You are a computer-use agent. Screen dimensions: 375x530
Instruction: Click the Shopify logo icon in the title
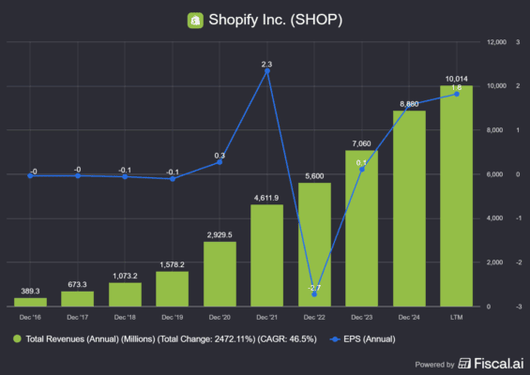195,19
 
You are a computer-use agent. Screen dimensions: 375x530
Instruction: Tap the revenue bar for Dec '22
314,244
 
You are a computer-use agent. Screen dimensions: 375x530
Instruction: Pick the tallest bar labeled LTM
457,197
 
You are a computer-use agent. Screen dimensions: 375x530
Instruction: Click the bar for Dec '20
220,274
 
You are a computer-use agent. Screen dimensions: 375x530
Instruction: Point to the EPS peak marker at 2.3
267,70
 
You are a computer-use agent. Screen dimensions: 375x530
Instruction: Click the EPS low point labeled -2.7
314,292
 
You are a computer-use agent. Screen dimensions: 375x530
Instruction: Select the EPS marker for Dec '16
31,175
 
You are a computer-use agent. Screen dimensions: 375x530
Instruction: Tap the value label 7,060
362,142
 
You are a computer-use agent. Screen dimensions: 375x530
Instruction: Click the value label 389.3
31,292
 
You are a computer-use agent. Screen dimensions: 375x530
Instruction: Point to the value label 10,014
457,79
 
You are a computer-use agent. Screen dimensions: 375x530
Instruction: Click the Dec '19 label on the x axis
173,316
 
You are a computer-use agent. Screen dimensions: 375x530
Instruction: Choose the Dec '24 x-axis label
409,316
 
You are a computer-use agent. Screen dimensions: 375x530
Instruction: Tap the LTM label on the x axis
457,316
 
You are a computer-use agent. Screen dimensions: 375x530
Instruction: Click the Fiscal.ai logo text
488,364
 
